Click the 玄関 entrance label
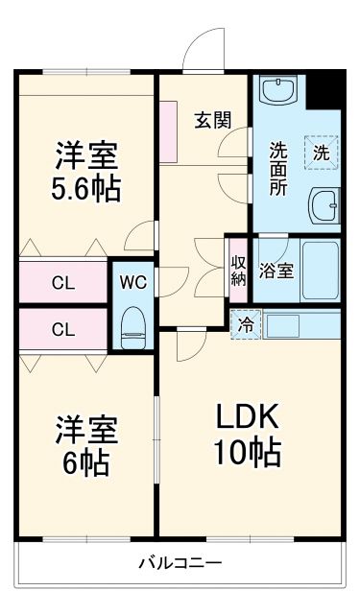pyautogui.click(x=212, y=120)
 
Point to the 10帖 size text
pyautogui.click(x=246, y=450)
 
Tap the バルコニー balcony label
pyautogui.click(x=180, y=562)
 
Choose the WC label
pyautogui.click(x=132, y=282)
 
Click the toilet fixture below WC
pyautogui.click(x=132, y=325)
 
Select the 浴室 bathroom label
pyautogui.click(x=277, y=272)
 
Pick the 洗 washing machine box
pyautogui.click(x=322, y=151)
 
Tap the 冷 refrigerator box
pyautogui.click(x=246, y=324)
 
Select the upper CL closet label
pyautogui.click(x=63, y=283)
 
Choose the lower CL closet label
pyautogui.click(x=63, y=330)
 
